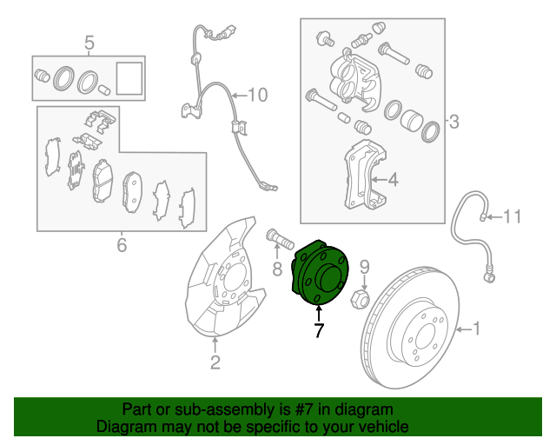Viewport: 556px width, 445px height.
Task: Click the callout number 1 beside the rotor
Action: pyautogui.click(x=476, y=329)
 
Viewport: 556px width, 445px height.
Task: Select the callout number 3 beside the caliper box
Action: pyautogui.click(x=453, y=123)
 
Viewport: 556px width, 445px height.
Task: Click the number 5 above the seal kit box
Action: pyautogui.click(x=88, y=42)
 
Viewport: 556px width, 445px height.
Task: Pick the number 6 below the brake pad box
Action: pyautogui.click(x=121, y=245)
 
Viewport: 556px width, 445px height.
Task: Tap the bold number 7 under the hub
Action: pyautogui.click(x=318, y=330)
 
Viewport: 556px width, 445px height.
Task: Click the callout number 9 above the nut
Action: pyautogui.click(x=365, y=266)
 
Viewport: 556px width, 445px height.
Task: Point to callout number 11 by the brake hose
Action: pyautogui.click(x=512, y=216)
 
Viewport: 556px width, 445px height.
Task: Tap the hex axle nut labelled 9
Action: pyautogui.click(x=360, y=301)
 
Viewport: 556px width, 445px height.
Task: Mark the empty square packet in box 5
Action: pyautogui.click(x=129, y=76)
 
